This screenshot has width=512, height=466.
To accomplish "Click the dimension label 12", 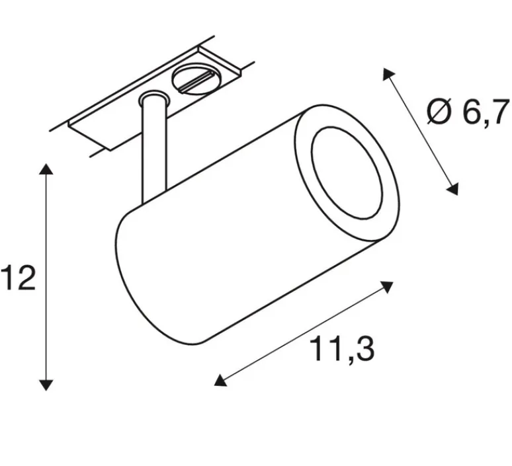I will pyautogui.click(x=18, y=279).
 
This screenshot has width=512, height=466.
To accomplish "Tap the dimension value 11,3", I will pyautogui.click(x=342, y=348).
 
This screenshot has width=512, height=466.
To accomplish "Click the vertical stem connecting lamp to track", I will pyautogui.click(x=150, y=152).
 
